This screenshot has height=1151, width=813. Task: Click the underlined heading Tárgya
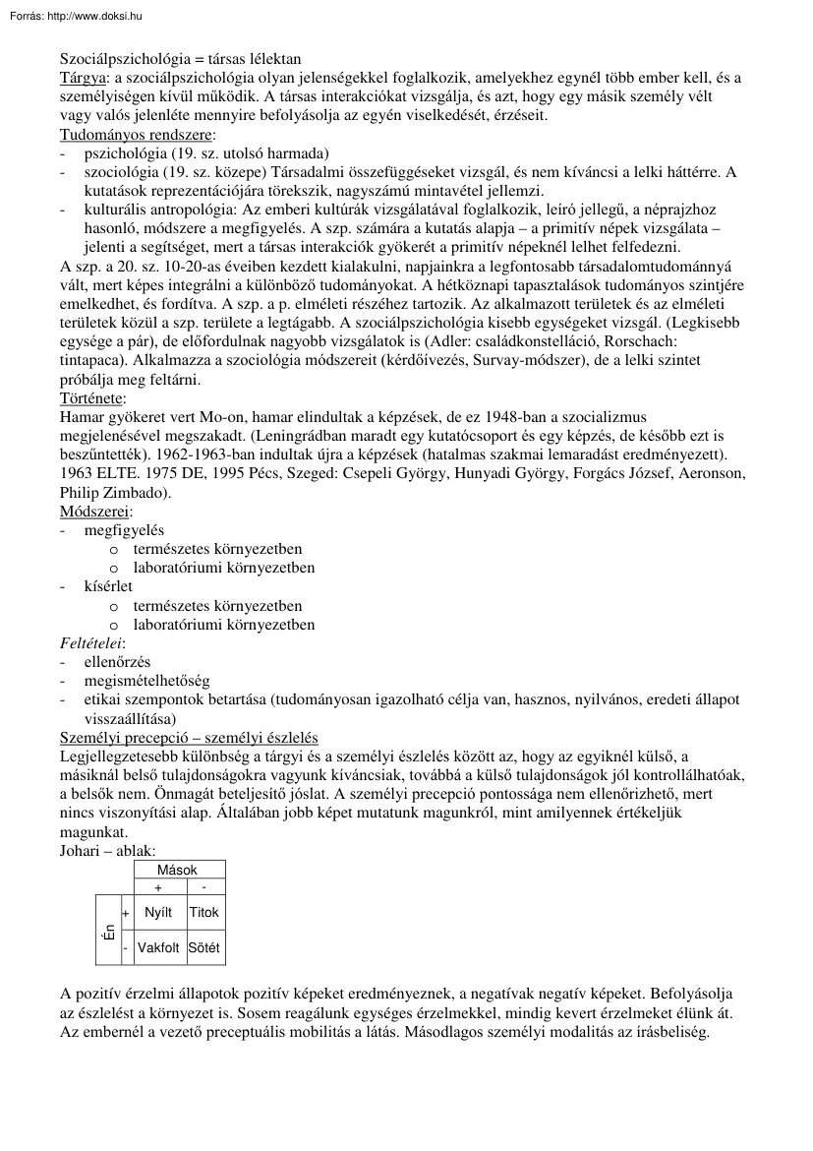83,78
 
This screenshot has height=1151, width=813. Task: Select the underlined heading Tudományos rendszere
137,134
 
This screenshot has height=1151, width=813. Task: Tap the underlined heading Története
91,398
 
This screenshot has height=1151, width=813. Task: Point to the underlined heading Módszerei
95,512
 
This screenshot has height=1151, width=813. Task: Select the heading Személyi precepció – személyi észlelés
189,738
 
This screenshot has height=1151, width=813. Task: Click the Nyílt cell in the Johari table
158,913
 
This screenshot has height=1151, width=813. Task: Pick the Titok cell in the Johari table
204,913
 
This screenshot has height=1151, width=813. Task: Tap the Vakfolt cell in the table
158,949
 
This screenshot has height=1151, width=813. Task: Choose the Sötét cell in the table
204,949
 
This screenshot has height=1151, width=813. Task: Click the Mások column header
178,870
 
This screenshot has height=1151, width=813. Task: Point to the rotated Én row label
108,931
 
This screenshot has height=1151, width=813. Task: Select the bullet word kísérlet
108,587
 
